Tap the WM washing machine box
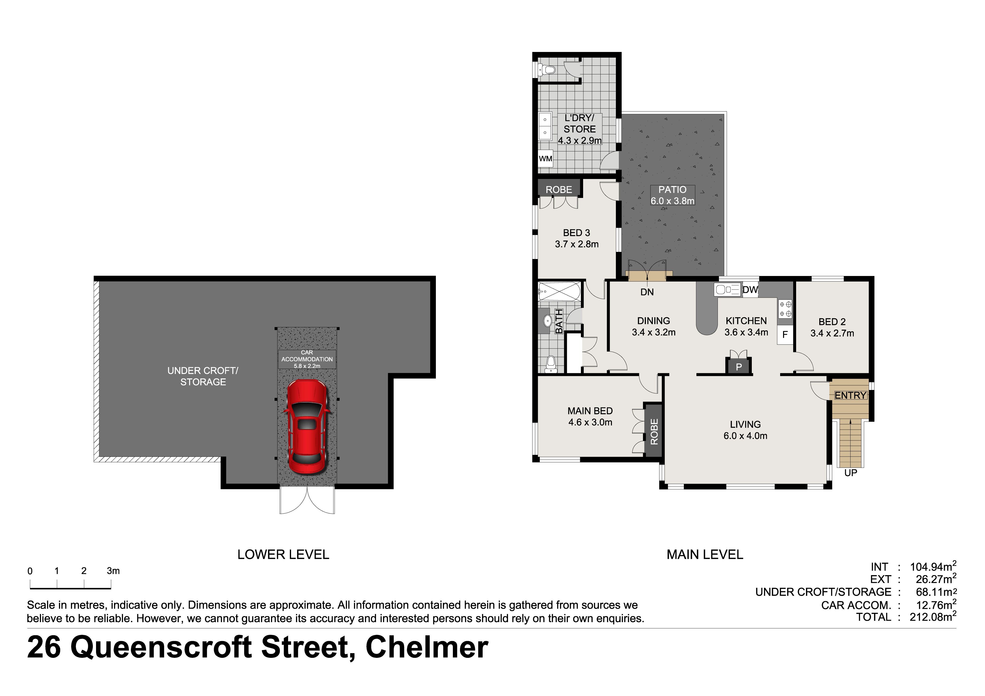tap(545, 159)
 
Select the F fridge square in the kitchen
tap(785, 335)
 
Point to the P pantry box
tap(739, 367)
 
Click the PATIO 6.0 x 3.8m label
tap(672, 195)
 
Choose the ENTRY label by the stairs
tap(850, 395)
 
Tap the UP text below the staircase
tap(850, 473)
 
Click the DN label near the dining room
tap(647, 292)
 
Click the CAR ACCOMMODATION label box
tap(307, 359)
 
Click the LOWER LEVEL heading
tap(283, 554)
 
